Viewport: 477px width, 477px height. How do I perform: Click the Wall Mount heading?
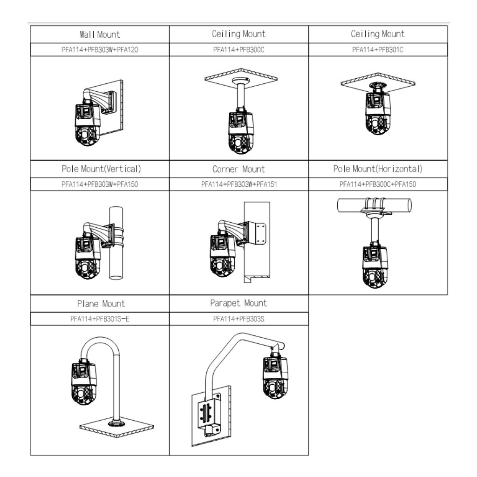pos(99,34)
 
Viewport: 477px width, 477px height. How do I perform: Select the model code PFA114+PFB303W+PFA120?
pos(99,50)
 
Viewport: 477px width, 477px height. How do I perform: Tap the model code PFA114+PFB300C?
pos(238,50)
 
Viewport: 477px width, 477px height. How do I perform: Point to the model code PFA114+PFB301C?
pos(378,50)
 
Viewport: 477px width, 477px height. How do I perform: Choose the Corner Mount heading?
pos(238,169)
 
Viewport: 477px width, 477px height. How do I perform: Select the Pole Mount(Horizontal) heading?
pos(378,169)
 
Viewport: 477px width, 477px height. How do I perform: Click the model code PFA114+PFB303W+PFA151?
pos(239,184)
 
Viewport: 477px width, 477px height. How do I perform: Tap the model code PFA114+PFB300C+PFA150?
pos(378,184)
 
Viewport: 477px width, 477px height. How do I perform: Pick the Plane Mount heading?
pos(101,304)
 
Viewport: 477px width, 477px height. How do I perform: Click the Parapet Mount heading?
pos(238,303)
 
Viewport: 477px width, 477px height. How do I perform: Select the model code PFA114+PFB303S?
pos(238,319)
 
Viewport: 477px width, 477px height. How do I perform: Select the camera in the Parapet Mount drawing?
pos(275,377)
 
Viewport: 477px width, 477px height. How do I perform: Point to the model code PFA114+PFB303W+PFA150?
pos(99,184)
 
